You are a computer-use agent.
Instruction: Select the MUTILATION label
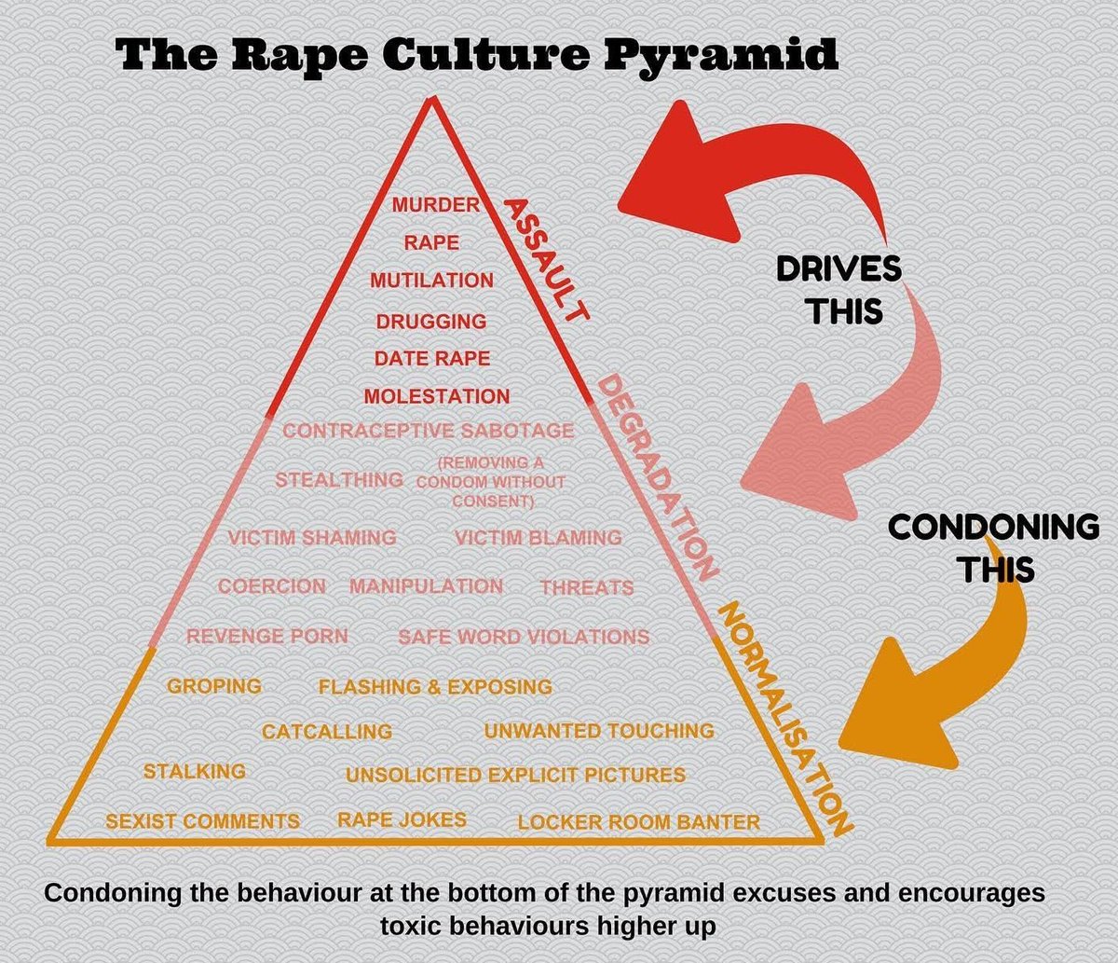431,280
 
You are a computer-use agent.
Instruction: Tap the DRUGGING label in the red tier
431,321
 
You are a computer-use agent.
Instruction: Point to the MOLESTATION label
437,396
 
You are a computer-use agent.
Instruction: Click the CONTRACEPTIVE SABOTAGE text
428,431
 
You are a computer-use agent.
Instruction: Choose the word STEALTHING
339,480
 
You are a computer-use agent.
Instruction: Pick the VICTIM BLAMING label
539,538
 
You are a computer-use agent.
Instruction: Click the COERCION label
272,586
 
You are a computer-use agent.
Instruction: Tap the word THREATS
587,587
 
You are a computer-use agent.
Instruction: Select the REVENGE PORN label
267,637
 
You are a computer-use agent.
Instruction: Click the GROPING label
214,686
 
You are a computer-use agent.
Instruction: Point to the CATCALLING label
327,732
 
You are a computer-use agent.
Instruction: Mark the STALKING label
195,771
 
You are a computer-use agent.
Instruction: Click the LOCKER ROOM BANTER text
639,822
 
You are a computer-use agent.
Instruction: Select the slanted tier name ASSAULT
546,258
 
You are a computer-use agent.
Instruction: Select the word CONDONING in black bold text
993,528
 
